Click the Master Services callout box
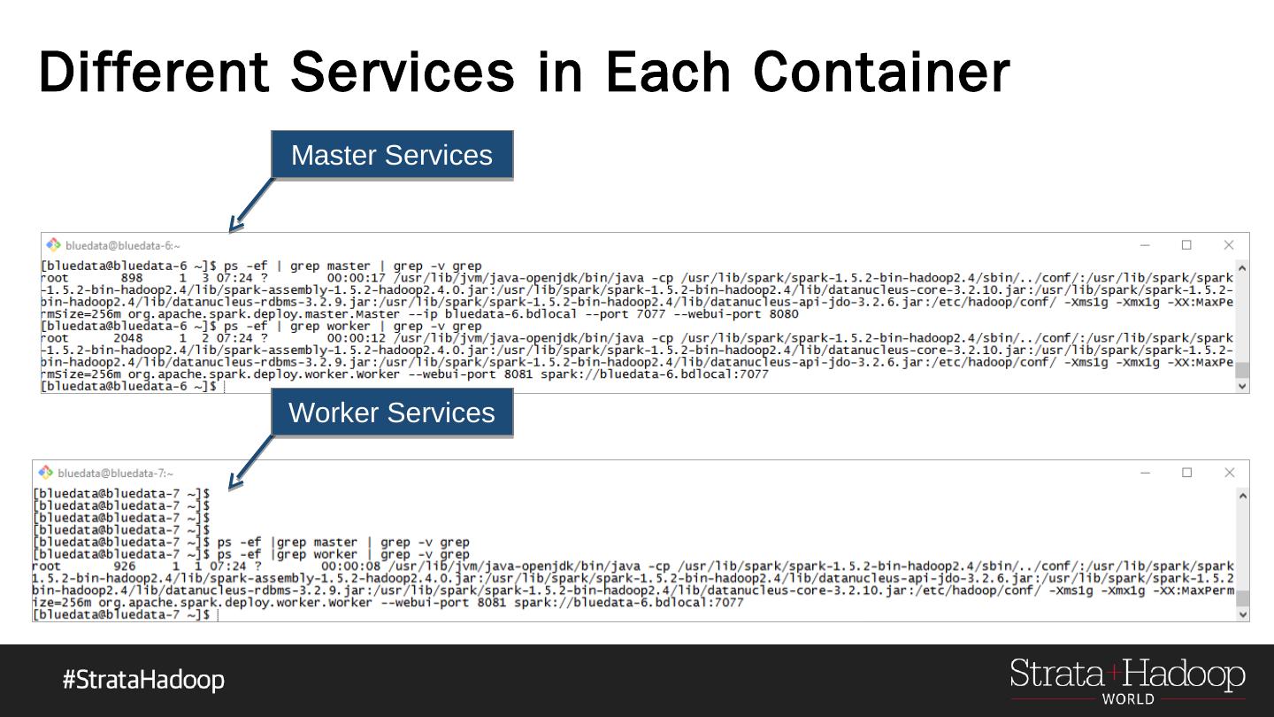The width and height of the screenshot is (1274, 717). [392, 155]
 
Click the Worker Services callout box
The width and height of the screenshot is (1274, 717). [392, 412]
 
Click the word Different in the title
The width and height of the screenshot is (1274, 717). [152, 71]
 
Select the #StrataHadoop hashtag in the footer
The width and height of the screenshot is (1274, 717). [143, 680]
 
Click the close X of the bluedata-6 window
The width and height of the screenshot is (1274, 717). [1229, 245]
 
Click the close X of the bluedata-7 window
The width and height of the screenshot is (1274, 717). [1229, 473]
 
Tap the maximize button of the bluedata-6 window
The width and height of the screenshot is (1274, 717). [1186, 245]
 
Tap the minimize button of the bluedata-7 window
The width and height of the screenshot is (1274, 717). [1145, 473]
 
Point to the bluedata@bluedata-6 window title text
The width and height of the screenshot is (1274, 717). [123, 246]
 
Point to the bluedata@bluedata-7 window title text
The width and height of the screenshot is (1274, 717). [116, 474]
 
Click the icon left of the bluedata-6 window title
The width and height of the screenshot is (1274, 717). [54, 245]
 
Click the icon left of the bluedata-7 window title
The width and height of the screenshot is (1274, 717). [46, 473]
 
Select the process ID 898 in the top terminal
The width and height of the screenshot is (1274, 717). [131, 278]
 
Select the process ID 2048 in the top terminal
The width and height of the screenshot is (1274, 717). [127, 338]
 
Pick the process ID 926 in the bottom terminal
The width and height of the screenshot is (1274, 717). [125, 566]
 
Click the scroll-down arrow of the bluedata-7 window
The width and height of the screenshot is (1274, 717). [1242, 613]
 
